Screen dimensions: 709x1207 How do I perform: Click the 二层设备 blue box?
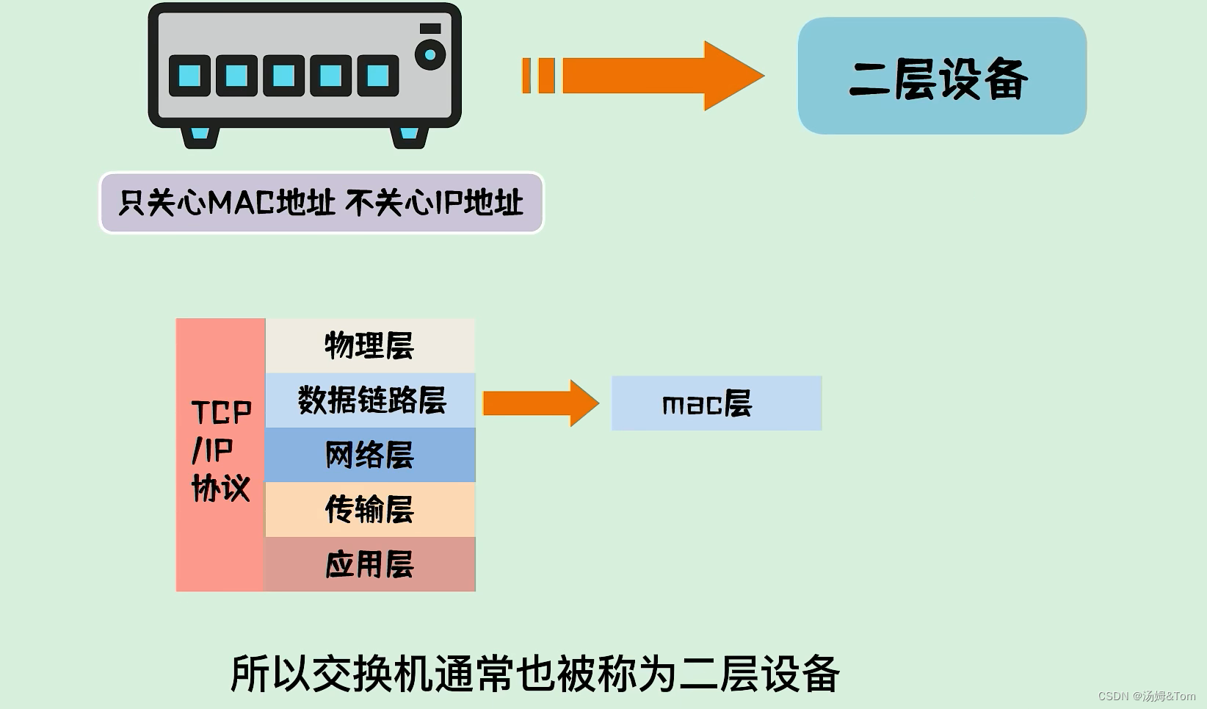click(x=941, y=76)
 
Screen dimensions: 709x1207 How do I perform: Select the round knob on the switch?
click(x=430, y=54)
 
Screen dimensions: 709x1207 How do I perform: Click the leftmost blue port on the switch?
click(x=189, y=76)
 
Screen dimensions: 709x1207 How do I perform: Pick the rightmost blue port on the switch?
click(x=377, y=76)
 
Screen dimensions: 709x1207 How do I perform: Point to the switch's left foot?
click(x=200, y=136)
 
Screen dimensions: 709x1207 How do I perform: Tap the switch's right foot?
click(x=409, y=136)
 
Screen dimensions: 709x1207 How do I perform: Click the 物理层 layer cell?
click(x=369, y=345)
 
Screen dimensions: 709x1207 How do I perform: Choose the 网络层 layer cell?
click(x=369, y=455)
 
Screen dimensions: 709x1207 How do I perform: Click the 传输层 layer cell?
click(x=369, y=509)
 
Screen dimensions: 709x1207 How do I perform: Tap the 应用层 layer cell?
click(x=369, y=564)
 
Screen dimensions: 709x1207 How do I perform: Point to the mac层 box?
click(x=716, y=403)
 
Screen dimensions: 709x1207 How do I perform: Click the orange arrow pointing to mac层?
click(x=540, y=403)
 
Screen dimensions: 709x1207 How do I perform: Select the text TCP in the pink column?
click(x=221, y=412)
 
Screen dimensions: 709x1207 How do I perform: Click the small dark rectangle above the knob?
click(x=430, y=29)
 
